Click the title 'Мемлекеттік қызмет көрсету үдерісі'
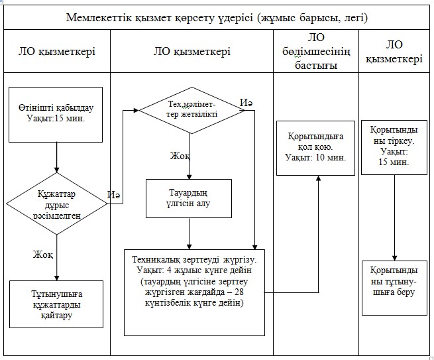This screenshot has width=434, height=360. [x=160, y=18]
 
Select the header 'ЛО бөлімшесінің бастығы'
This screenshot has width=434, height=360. [x=316, y=52]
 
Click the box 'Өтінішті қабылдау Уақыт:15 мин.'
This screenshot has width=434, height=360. [x=56, y=115]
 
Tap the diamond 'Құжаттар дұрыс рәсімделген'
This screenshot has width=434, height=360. [x=56, y=204]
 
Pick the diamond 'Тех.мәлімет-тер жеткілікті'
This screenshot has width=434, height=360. [x=191, y=111]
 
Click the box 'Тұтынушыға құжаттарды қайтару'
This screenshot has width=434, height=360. [x=56, y=304]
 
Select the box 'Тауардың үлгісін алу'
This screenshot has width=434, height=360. [x=189, y=198]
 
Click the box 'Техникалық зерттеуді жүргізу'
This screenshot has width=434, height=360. [x=194, y=292]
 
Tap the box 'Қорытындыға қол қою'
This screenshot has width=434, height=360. [x=315, y=148]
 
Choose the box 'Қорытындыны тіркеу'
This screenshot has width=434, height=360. [x=394, y=147]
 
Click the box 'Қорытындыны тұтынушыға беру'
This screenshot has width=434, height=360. [x=394, y=288]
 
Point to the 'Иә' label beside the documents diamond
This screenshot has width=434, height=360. [x=114, y=195]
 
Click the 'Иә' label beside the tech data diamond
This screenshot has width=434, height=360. [x=246, y=103]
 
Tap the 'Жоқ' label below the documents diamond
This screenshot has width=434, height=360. [x=43, y=254]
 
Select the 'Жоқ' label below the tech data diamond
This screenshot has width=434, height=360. [x=180, y=156]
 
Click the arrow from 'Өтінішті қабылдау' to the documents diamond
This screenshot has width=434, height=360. [x=57, y=158]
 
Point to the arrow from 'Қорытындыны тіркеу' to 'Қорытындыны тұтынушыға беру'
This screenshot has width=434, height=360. [x=395, y=217]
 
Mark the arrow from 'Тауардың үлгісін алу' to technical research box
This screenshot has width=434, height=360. [x=190, y=234]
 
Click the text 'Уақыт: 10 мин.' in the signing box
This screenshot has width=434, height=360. [x=315, y=158]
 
